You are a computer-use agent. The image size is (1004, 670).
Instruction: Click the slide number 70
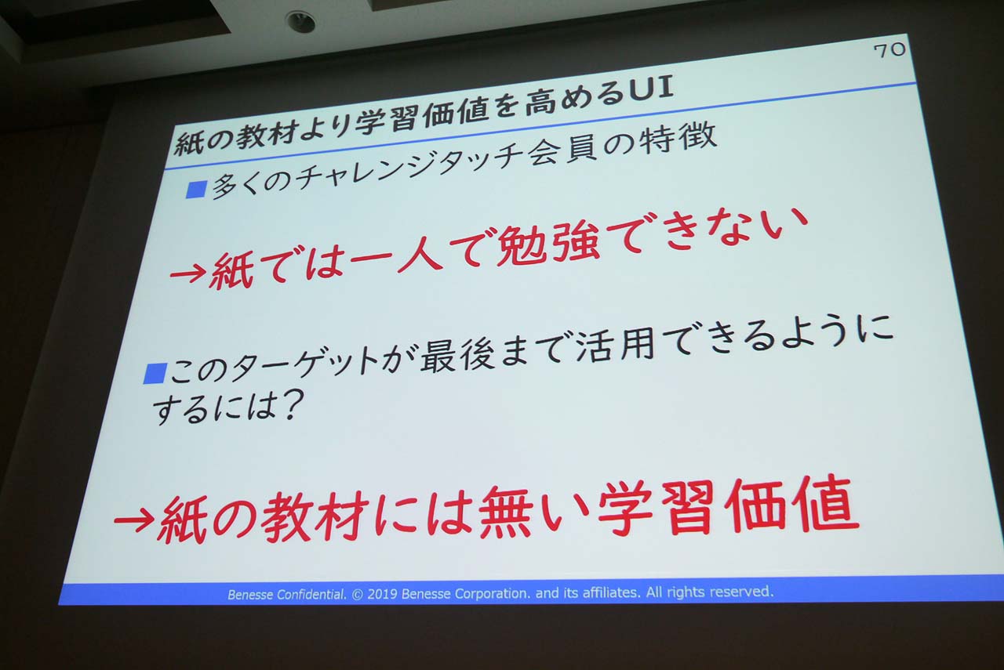click(x=889, y=50)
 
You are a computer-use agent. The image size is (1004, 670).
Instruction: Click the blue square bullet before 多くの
click(x=196, y=189)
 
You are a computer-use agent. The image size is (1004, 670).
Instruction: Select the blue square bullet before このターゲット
click(x=155, y=374)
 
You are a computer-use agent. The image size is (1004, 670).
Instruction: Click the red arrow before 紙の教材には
click(x=134, y=521)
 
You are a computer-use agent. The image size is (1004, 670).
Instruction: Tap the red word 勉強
click(x=548, y=246)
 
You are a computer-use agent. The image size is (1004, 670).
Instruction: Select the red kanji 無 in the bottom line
click(x=505, y=512)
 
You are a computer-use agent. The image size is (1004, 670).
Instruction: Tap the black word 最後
click(x=457, y=355)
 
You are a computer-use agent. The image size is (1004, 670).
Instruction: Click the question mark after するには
click(x=291, y=404)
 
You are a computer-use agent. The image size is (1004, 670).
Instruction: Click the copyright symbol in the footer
click(x=357, y=594)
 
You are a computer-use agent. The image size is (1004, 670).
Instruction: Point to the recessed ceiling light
click(x=300, y=21)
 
